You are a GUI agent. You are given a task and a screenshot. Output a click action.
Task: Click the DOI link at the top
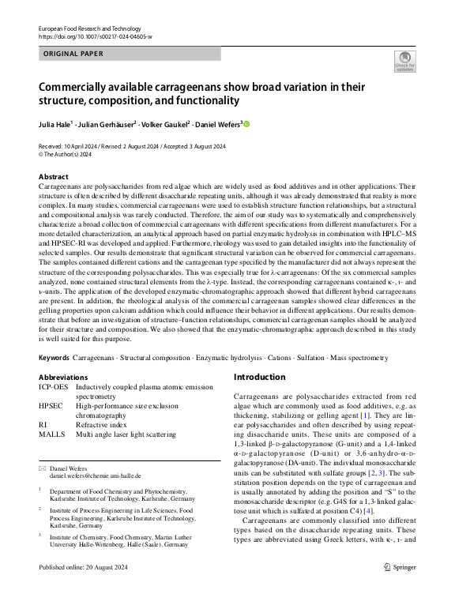[96, 37]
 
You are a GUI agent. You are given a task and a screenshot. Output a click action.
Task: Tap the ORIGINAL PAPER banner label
[73, 54]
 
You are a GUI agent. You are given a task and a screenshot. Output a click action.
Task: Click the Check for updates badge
[405, 62]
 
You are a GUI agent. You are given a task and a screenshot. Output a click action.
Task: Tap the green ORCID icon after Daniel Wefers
[246, 124]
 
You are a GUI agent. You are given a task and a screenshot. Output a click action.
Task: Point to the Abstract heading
[54, 177]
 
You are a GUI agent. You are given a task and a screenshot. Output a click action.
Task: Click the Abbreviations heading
[64, 378]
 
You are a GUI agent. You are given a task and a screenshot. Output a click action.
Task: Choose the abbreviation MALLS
[51, 434]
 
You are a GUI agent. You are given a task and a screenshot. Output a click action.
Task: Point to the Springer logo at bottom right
[399, 588]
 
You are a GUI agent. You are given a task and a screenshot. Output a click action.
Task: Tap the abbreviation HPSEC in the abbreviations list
[52, 406]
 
